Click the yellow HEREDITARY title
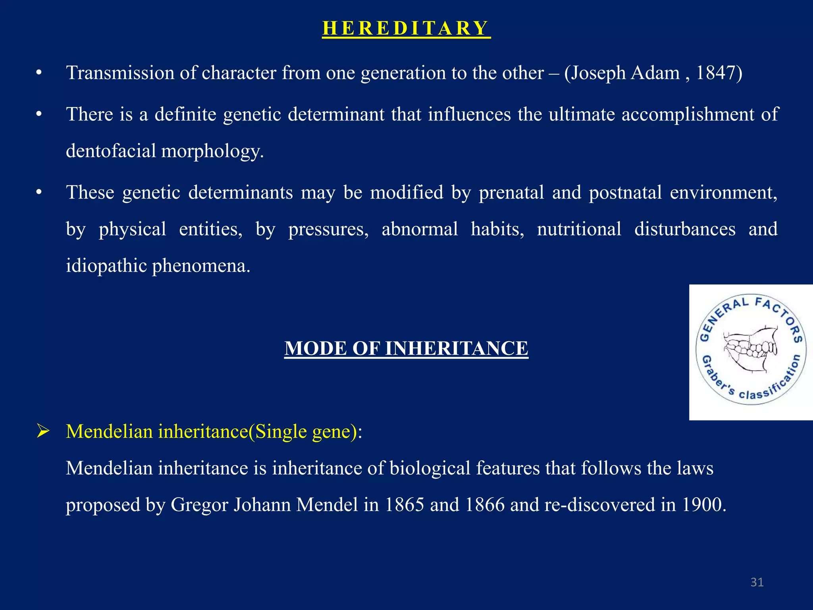tap(406, 28)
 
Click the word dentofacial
tap(111, 151)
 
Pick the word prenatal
tap(511, 193)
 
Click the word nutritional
tap(579, 230)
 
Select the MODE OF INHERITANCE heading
tap(406, 349)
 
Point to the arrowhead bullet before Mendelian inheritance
tap(42, 431)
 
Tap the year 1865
tap(404, 505)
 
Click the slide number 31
tap(757, 582)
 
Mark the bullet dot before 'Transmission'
tap(39, 73)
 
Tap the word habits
tap(497, 230)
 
